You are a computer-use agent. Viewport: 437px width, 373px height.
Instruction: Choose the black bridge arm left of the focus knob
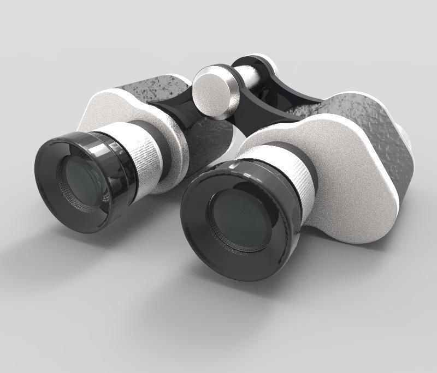click(x=175, y=109)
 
